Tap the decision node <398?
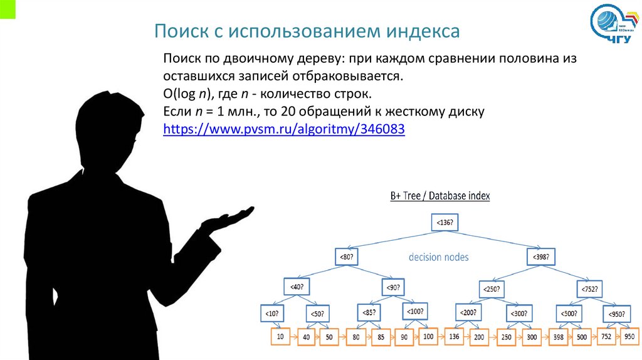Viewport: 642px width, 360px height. point(540,257)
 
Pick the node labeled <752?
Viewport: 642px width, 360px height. point(589,289)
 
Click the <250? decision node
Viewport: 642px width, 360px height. point(492,289)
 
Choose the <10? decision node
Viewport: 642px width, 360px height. point(271,313)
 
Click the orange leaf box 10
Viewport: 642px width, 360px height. point(280,337)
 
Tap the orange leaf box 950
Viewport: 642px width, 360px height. point(629,336)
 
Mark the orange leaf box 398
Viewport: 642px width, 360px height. point(559,337)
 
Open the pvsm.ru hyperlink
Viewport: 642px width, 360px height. point(284,129)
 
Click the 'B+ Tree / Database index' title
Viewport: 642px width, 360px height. point(440,196)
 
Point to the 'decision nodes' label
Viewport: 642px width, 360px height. point(438,257)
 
